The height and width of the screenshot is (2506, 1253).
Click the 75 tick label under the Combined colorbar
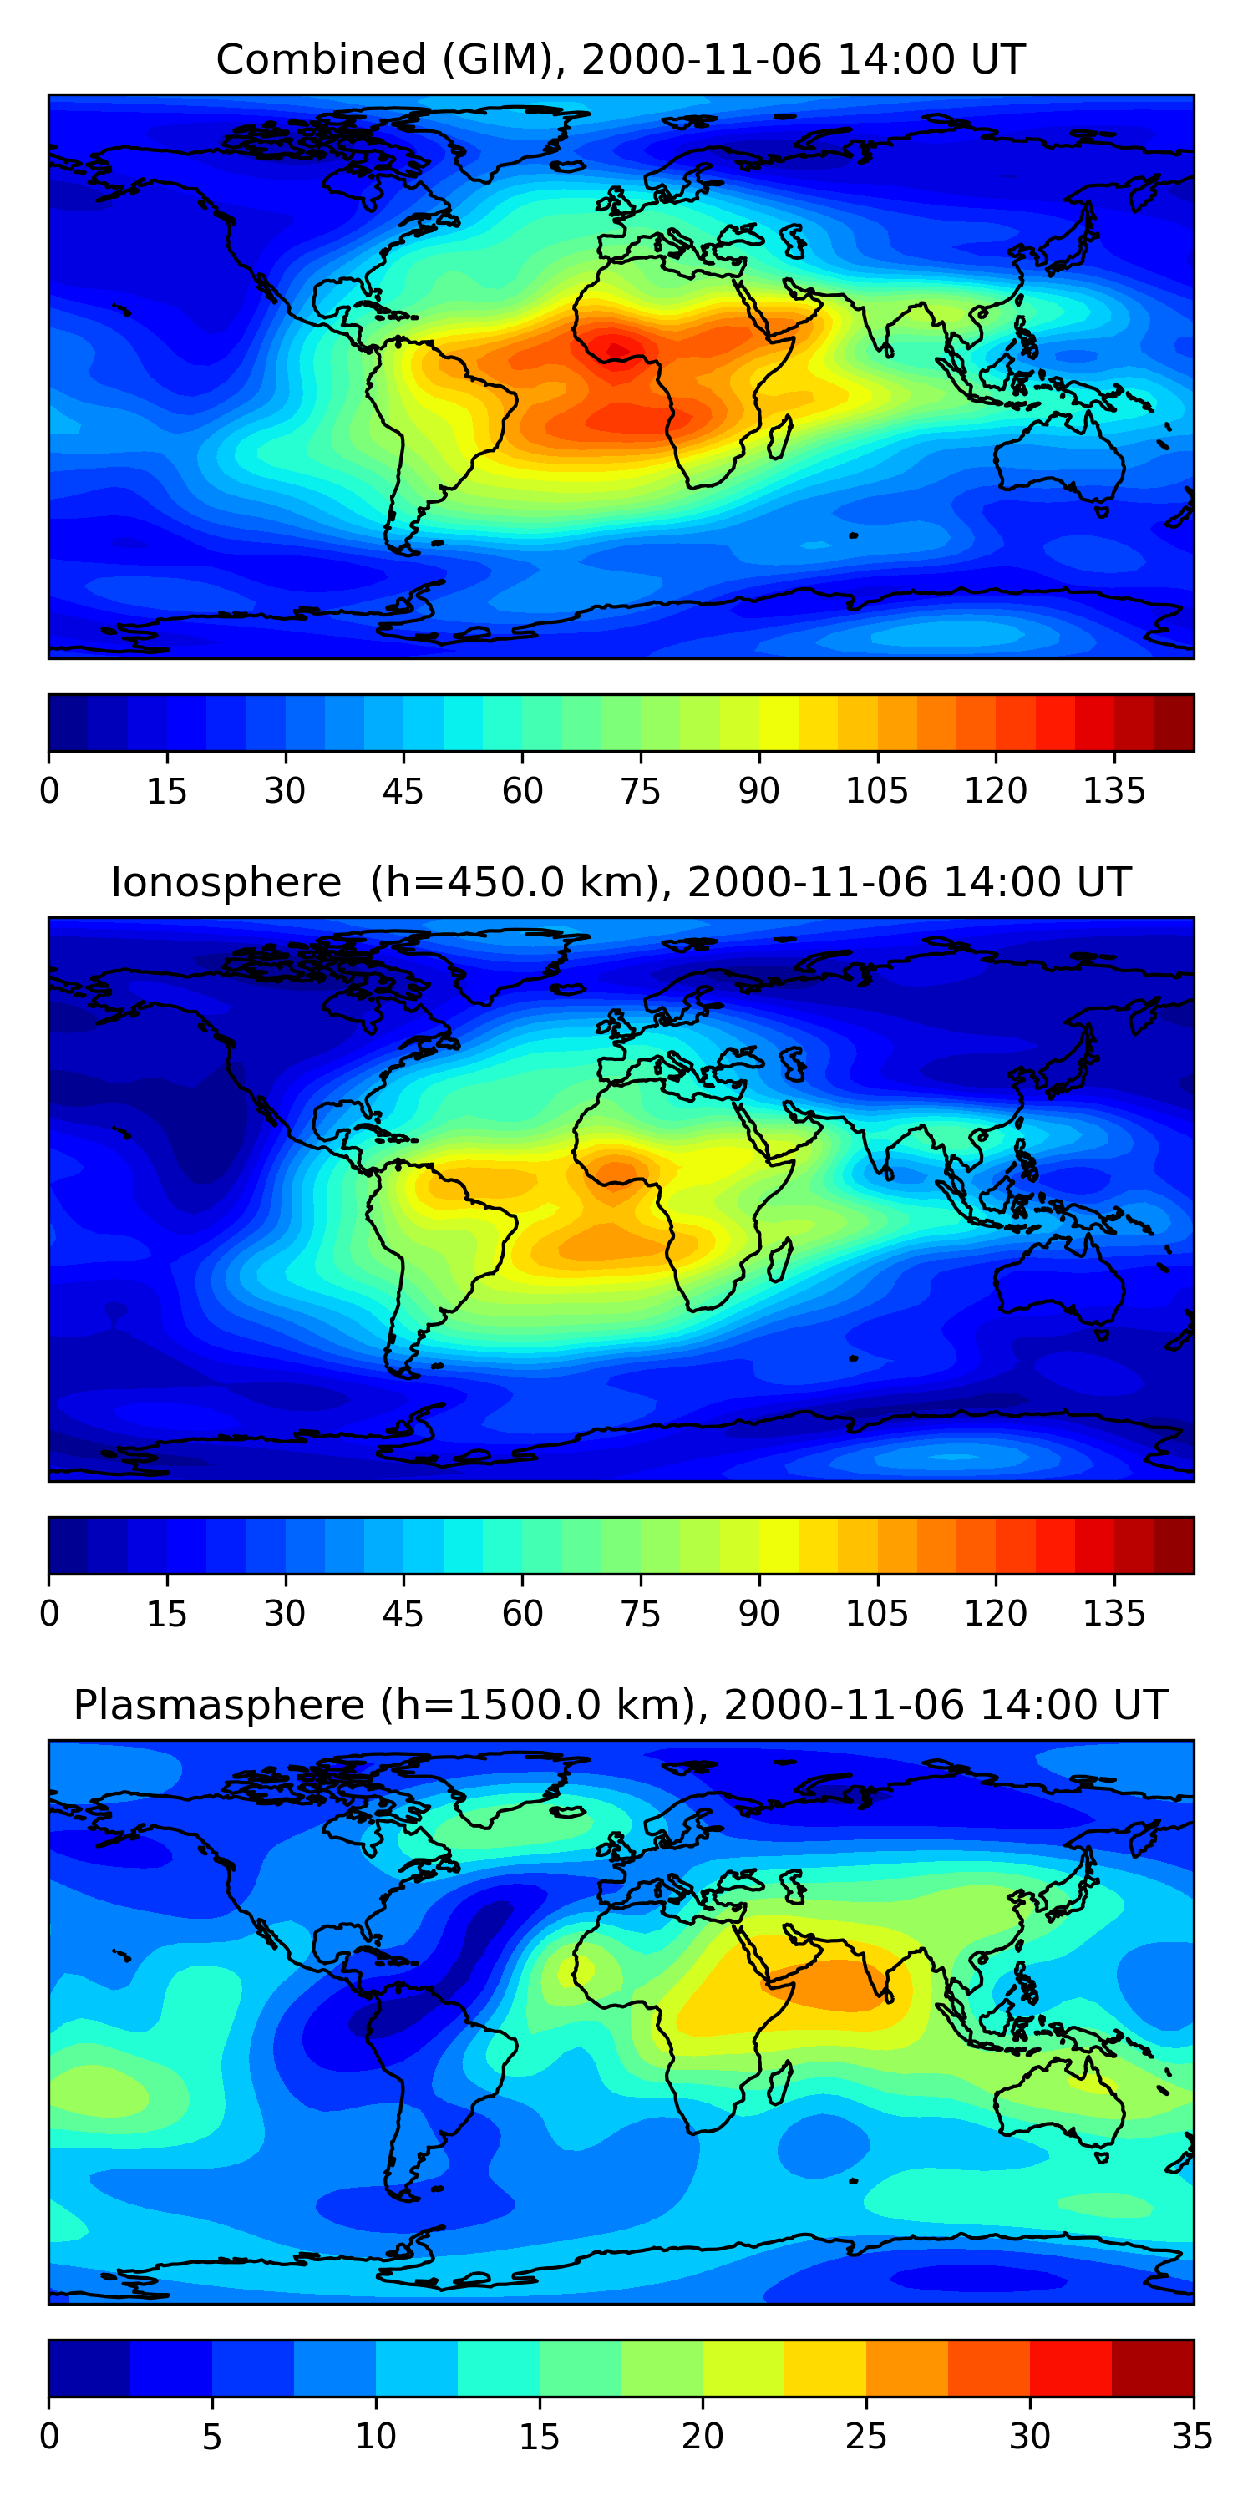pos(640,791)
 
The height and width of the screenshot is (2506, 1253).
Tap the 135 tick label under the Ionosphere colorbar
pos(1113,1614)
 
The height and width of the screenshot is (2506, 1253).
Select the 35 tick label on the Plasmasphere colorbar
pos(1192,2436)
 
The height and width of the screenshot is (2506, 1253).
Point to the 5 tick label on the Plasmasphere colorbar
pos(212,2436)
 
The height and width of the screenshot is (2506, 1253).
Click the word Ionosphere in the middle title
pos(226,882)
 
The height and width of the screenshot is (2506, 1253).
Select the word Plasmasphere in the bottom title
pos(219,1706)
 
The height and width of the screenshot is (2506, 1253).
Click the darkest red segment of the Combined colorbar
pos(1174,723)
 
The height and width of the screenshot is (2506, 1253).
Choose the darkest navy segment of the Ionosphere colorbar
pos(68,1546)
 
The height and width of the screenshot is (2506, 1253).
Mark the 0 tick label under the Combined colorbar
pos(49,791)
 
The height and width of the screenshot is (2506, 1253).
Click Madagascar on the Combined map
pos(779,437)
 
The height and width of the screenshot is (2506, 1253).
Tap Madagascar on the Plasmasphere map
pos(779,2082)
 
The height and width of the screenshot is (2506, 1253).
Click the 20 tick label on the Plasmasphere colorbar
pos(702,2436)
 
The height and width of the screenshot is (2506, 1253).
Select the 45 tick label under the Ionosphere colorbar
pos(403,1614)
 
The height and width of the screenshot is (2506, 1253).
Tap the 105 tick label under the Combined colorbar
pos(876,791)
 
